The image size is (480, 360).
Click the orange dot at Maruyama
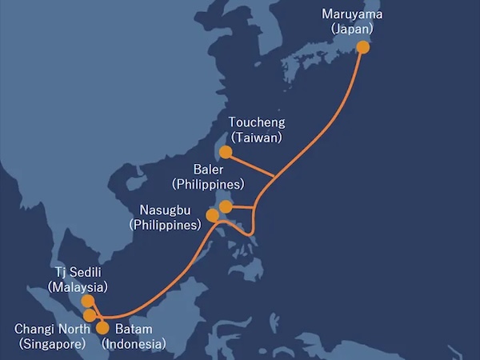pos(362,47)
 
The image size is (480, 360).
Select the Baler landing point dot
pos(226,207)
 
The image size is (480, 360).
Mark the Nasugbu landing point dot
pos(212,215)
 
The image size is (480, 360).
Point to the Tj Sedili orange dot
pos(88,302)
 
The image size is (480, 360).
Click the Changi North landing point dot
pos(90,315)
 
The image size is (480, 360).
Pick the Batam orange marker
pos(102,326)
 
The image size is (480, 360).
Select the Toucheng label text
pos(256,123)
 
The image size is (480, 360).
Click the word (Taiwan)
pos(256,138)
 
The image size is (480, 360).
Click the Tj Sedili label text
pos(77,271)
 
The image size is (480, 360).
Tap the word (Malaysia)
pos(77,286)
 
